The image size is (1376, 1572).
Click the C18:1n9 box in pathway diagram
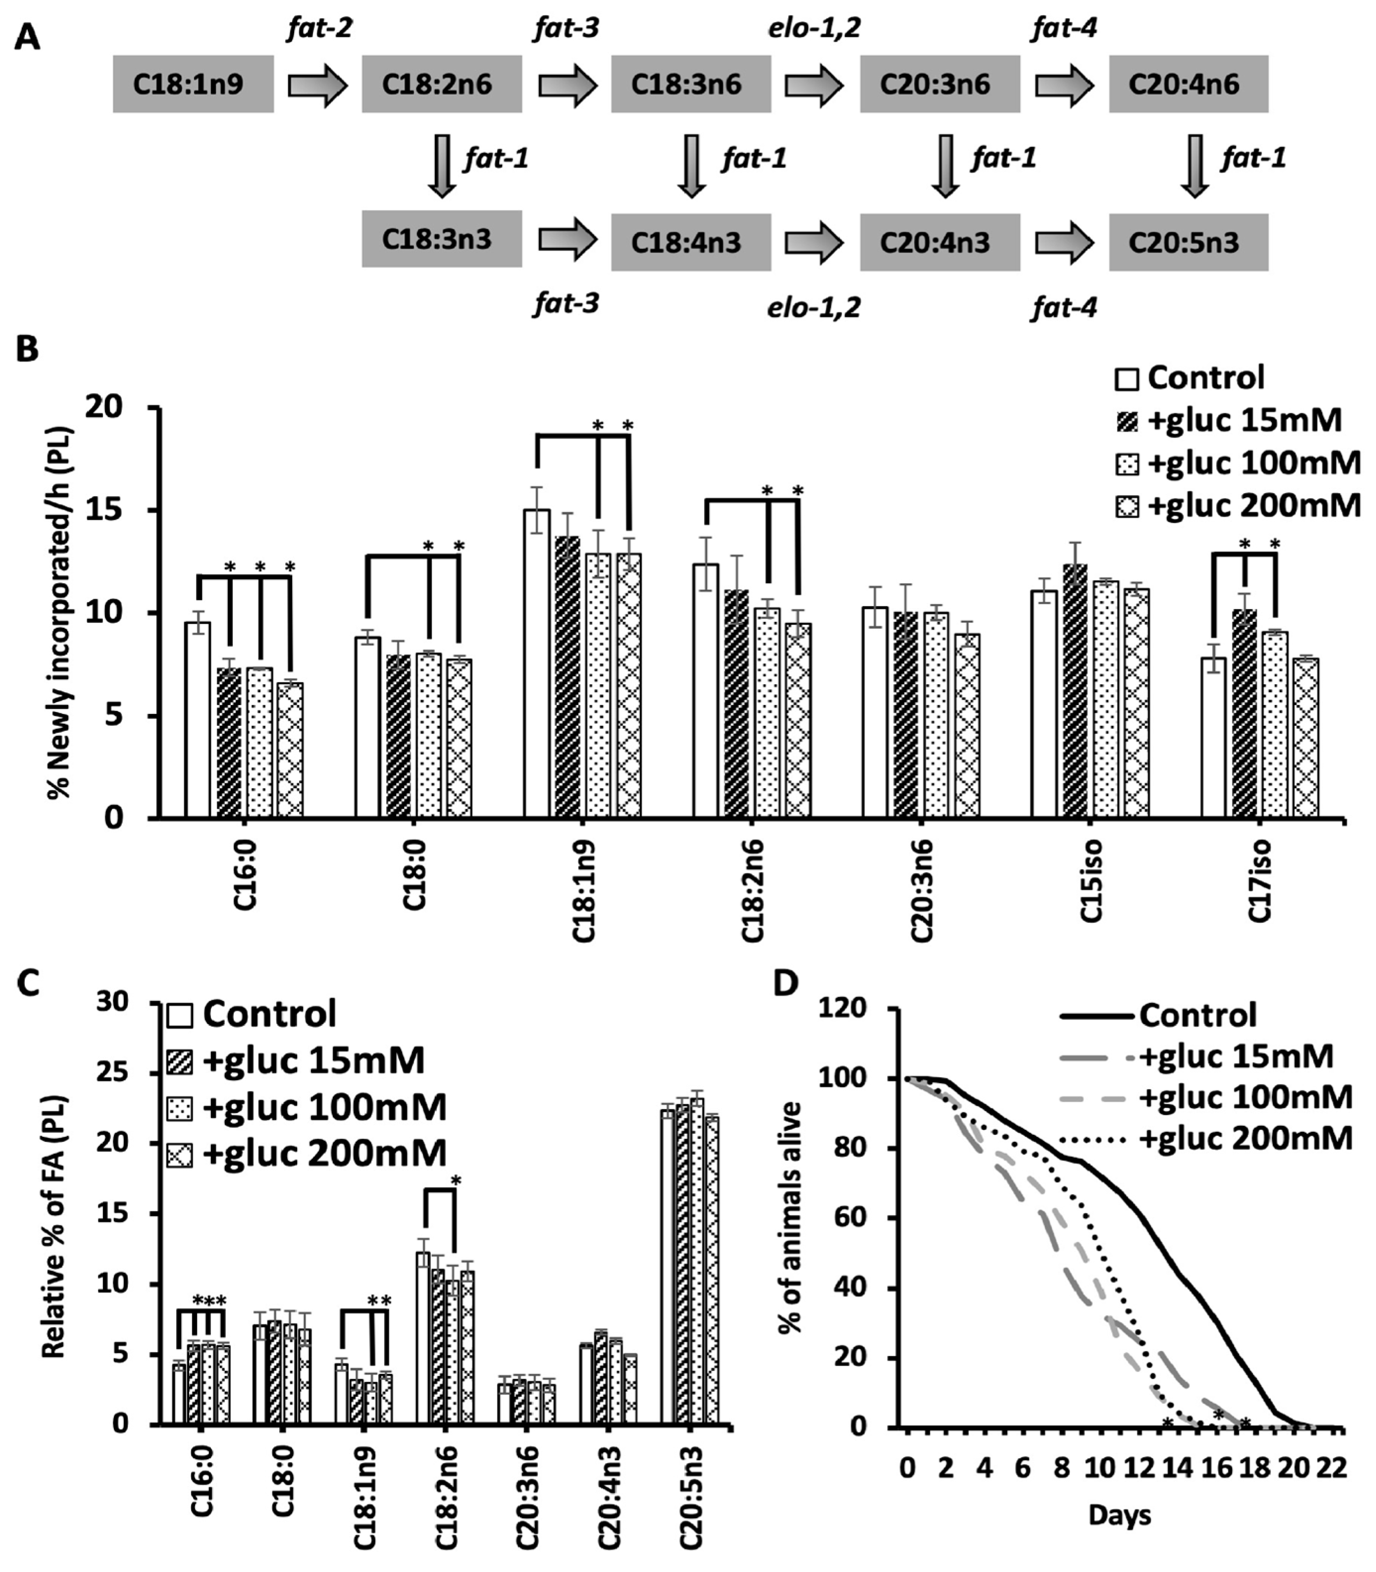click(193, 84)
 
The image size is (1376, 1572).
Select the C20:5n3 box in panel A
click(1188, 243)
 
